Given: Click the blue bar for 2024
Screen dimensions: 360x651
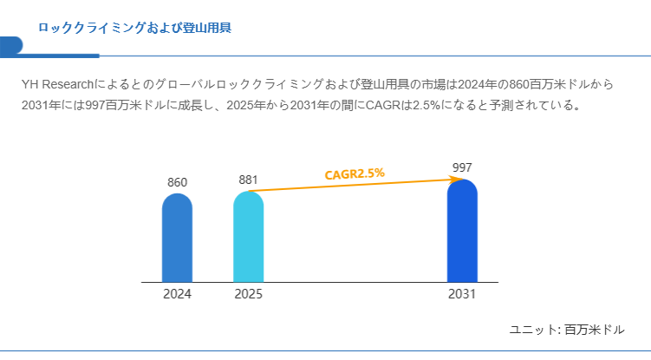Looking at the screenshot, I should coord(177,238).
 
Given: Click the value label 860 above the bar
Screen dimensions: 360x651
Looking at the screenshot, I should coord(177,182).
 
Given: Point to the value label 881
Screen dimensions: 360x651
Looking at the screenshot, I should coord(248,180).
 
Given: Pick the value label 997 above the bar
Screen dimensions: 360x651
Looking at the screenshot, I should coord(462,167).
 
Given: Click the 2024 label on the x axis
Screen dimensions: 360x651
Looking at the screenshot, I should coord(177,294).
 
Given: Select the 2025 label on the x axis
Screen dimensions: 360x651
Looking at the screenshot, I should coord(248,294).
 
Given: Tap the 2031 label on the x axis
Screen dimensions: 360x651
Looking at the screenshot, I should coord(462,294).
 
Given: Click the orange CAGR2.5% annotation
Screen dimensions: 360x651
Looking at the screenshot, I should coord(354,174).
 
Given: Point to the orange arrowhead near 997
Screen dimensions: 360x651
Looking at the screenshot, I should coord(454,180).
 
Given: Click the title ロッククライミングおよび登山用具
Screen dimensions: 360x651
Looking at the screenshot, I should coord(134,28).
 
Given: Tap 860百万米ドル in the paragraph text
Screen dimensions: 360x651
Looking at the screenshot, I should coord(547,85).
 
